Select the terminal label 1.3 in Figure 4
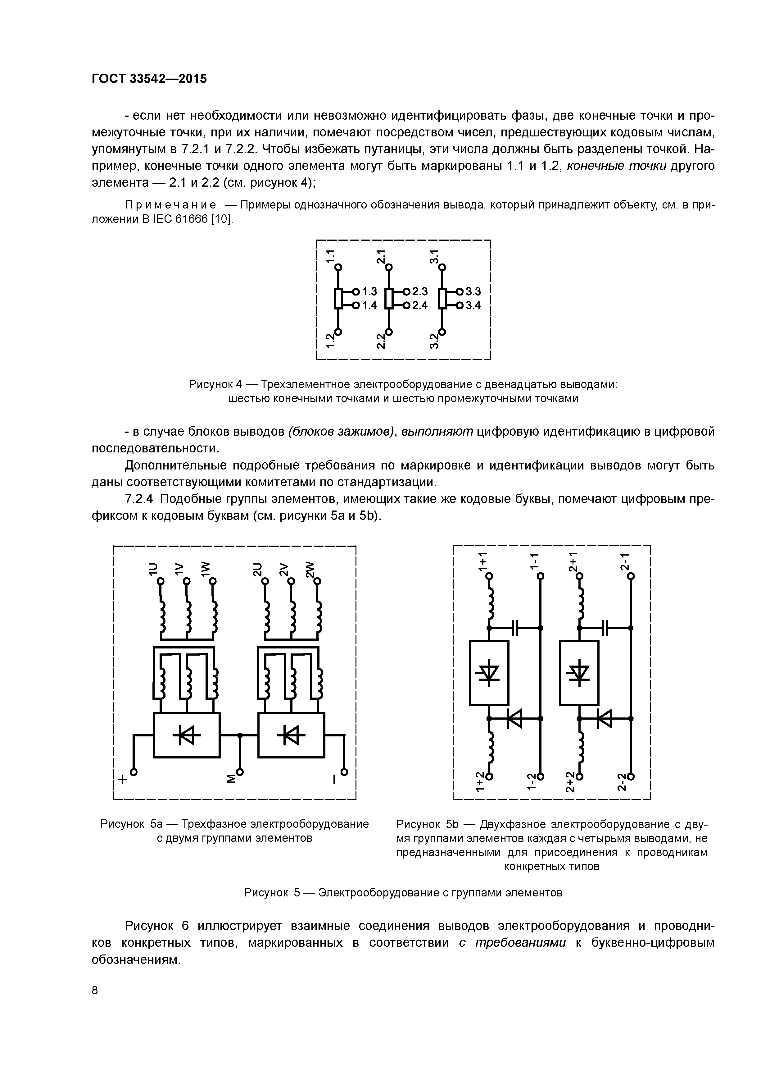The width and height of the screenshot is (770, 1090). pyautogui.click(x=369, y=291)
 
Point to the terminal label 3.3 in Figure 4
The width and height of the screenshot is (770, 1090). pyautogui.click(x=473, y=291)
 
